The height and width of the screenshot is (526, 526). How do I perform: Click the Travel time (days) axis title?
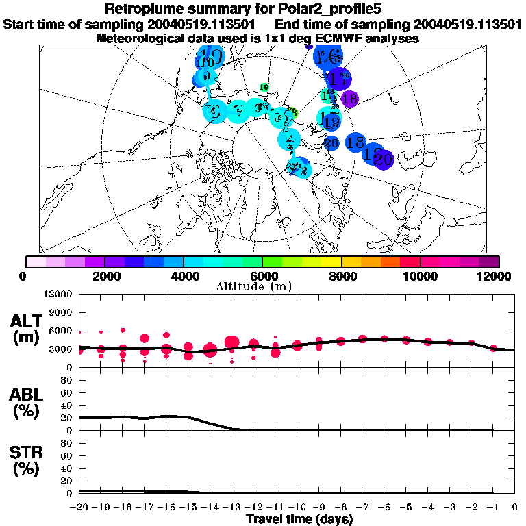click(x=299, y=519)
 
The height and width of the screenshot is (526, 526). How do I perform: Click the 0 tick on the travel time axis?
click(x=515, y=507)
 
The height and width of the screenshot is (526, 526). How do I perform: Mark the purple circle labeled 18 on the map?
click(x=349, y=99)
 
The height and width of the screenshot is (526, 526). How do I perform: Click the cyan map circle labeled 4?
click(x=289, y=140)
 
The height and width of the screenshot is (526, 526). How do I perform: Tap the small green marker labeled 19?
click(x=264, y=87)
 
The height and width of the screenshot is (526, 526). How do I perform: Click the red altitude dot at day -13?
click(x=231, y=342)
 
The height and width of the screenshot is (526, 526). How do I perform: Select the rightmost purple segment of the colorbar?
click(x=488, y=262)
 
